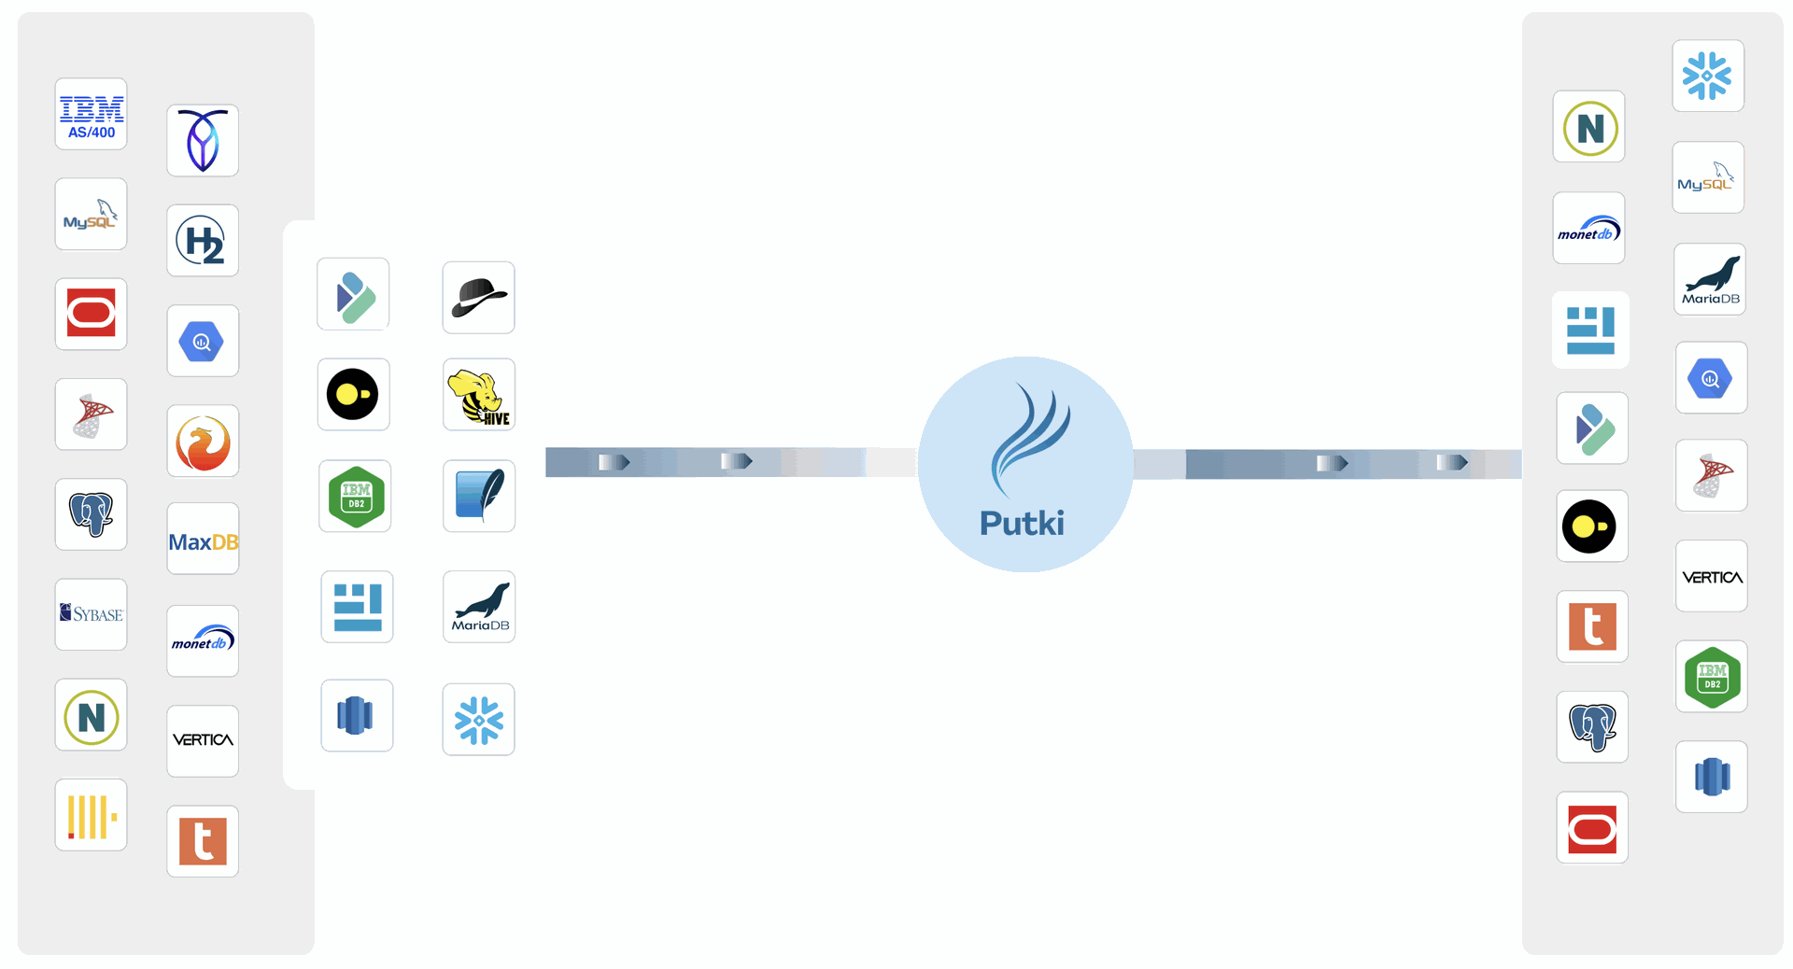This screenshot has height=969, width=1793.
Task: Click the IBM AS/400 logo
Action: point(92,115)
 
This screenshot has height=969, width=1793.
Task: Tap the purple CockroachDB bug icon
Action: point(203,141)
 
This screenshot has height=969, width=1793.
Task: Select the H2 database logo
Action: point(203,241)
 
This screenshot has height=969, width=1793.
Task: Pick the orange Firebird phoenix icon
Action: point(203,442)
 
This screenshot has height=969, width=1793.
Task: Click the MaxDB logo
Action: point(203,541)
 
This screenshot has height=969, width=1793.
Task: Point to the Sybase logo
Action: point(92,614)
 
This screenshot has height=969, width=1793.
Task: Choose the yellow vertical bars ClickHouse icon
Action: point(92,816)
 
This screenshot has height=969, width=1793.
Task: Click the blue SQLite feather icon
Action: point(479,496)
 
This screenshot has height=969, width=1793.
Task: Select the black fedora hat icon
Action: point(479,298)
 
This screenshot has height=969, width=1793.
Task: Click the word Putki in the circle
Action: point(1022,523)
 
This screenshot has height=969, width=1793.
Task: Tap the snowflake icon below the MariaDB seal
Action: point(479,720)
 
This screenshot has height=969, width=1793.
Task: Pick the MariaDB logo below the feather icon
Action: point(479,607)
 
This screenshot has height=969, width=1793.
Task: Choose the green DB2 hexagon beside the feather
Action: point(356,496)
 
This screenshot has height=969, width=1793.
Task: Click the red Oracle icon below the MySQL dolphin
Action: point(92,314)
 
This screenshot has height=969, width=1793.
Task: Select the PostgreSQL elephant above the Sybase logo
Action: point(92,514)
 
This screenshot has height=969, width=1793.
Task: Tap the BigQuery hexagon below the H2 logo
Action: point(203,342)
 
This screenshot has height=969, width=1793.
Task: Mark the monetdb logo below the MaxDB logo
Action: point(203,641)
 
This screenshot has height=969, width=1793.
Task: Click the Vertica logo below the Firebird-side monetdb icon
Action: point(203,740)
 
